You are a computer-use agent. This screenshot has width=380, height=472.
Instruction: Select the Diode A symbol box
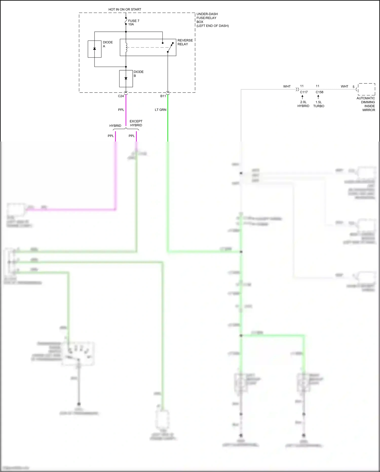94,49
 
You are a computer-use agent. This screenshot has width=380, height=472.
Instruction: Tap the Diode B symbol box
126,79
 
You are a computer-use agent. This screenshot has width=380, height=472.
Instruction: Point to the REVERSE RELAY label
185,42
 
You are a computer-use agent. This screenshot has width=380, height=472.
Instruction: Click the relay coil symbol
126,48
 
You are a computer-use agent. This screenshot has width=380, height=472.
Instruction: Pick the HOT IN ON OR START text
125,9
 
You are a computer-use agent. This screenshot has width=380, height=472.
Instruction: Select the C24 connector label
121,96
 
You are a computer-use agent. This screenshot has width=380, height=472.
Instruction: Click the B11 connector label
163,96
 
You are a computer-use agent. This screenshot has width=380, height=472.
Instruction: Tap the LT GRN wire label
160,110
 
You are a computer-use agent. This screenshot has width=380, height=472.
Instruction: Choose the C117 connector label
304,92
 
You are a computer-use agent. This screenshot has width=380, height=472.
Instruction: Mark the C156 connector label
319,92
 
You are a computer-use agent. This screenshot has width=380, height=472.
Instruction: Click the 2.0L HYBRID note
303,104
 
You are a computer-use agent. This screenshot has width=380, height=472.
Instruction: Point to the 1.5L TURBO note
319,104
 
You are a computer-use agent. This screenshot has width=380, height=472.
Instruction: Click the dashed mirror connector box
367,89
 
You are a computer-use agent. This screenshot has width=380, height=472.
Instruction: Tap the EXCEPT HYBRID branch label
136,123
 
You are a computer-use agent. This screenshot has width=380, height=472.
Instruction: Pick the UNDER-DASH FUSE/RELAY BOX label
212,20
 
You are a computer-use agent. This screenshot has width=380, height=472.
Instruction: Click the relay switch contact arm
170,47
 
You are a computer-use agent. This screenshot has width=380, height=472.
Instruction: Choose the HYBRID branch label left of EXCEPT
115,126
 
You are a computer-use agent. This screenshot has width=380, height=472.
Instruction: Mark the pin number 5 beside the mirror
353,87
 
